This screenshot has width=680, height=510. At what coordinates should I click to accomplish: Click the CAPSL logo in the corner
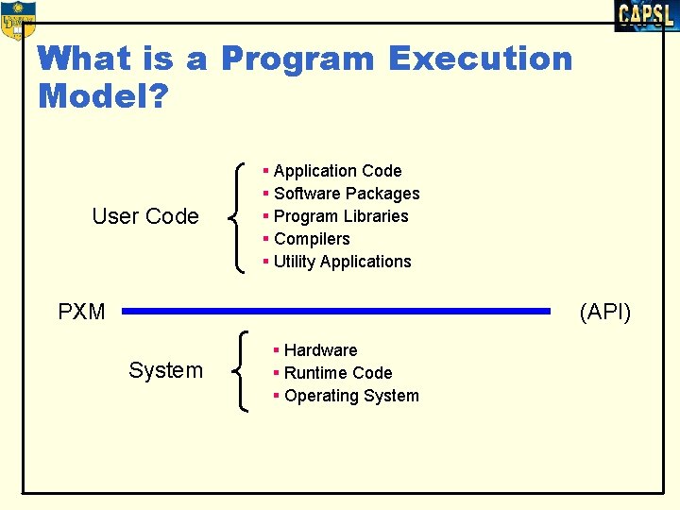coord(646,16)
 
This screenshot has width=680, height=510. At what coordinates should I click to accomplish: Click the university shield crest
coord(18,20)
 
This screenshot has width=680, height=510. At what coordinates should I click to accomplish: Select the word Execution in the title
coord(480,59)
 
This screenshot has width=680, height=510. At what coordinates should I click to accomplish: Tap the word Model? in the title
coord(102,95)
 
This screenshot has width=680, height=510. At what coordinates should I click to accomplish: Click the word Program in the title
coord(297,59)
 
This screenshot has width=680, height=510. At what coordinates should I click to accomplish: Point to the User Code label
coord(145,216)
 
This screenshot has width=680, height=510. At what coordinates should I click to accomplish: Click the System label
coord(165,370)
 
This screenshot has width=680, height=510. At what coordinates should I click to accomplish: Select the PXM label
coord(81,312)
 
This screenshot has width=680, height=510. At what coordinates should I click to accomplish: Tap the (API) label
coord(605,312)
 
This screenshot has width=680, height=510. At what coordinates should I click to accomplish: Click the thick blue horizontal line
coord(335,310)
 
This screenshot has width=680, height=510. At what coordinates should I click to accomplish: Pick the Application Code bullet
coord(337,171)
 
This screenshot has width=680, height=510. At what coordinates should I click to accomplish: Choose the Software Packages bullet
coord(346,194)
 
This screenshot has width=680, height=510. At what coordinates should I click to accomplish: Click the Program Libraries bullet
coord(340,216)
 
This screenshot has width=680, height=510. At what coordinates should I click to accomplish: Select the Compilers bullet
coord(311,239)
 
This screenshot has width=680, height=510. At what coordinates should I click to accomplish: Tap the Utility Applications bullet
coord(342,262)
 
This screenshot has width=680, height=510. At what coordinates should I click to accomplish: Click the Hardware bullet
coord(320,350)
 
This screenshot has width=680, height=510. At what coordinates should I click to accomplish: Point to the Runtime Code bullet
coord(337,373)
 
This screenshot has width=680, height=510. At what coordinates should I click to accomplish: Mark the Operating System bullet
coord(350,396)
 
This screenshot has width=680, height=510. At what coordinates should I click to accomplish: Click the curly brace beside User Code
coord(238,217)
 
